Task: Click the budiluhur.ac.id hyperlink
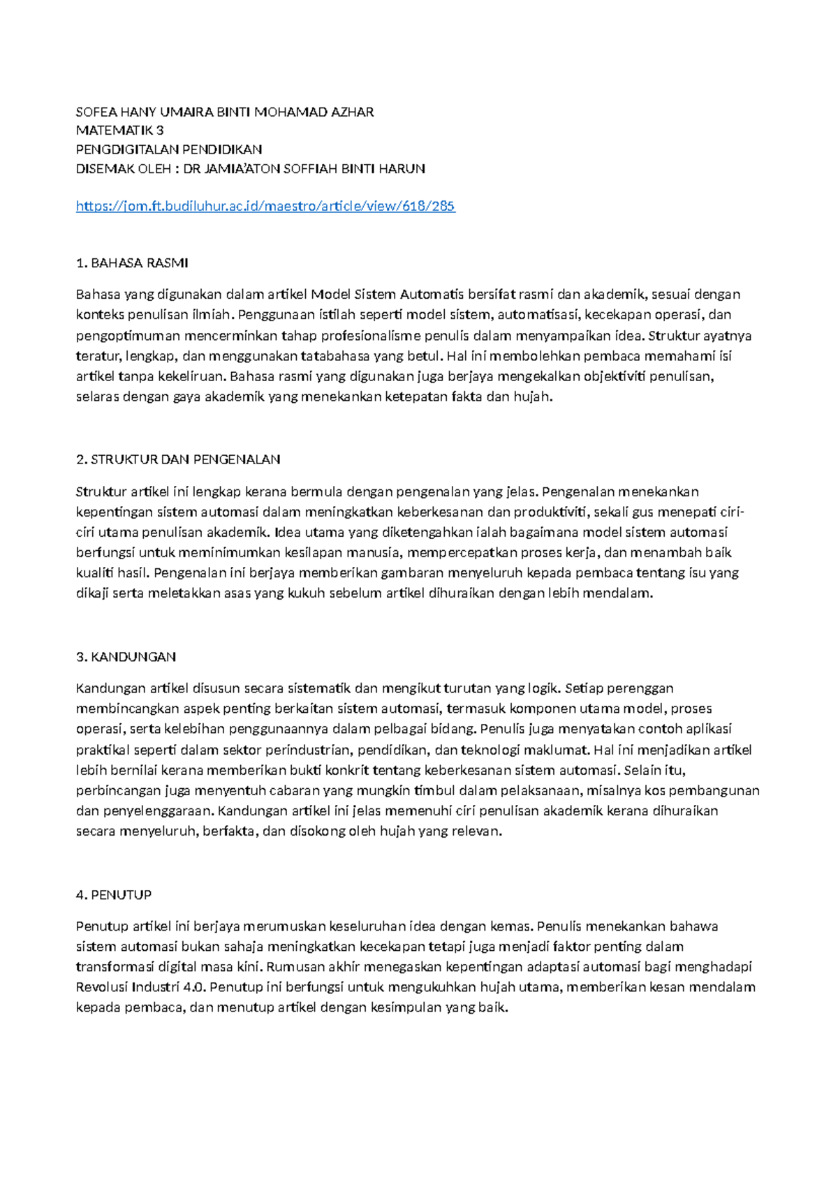[x=265, y=206]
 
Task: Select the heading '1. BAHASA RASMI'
[x=132, y=263]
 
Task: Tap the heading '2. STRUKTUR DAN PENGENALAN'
[x=178, y=459]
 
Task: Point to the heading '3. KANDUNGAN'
[x=126, y=657]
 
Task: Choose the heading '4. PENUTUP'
[x=114, y=895]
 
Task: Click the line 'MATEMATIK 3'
[x=120, y=131]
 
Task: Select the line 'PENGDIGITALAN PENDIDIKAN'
[x=169, y=149]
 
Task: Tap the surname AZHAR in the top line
[x=352, y=112]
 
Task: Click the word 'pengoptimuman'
[x=128, y=335]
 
